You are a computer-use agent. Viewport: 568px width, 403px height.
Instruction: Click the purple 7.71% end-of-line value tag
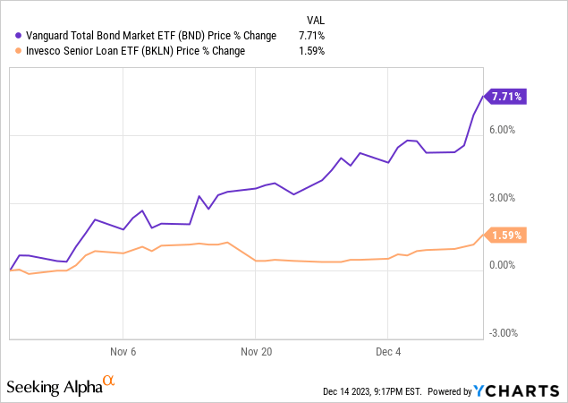point(506,95)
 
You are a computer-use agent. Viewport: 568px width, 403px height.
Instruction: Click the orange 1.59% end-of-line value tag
point(506,235)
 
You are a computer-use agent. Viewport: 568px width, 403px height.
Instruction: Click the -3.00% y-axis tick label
point(504,333)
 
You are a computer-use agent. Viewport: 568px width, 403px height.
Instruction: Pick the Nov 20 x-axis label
point(257,350)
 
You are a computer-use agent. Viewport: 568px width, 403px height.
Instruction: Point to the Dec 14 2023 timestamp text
point(372,391)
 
